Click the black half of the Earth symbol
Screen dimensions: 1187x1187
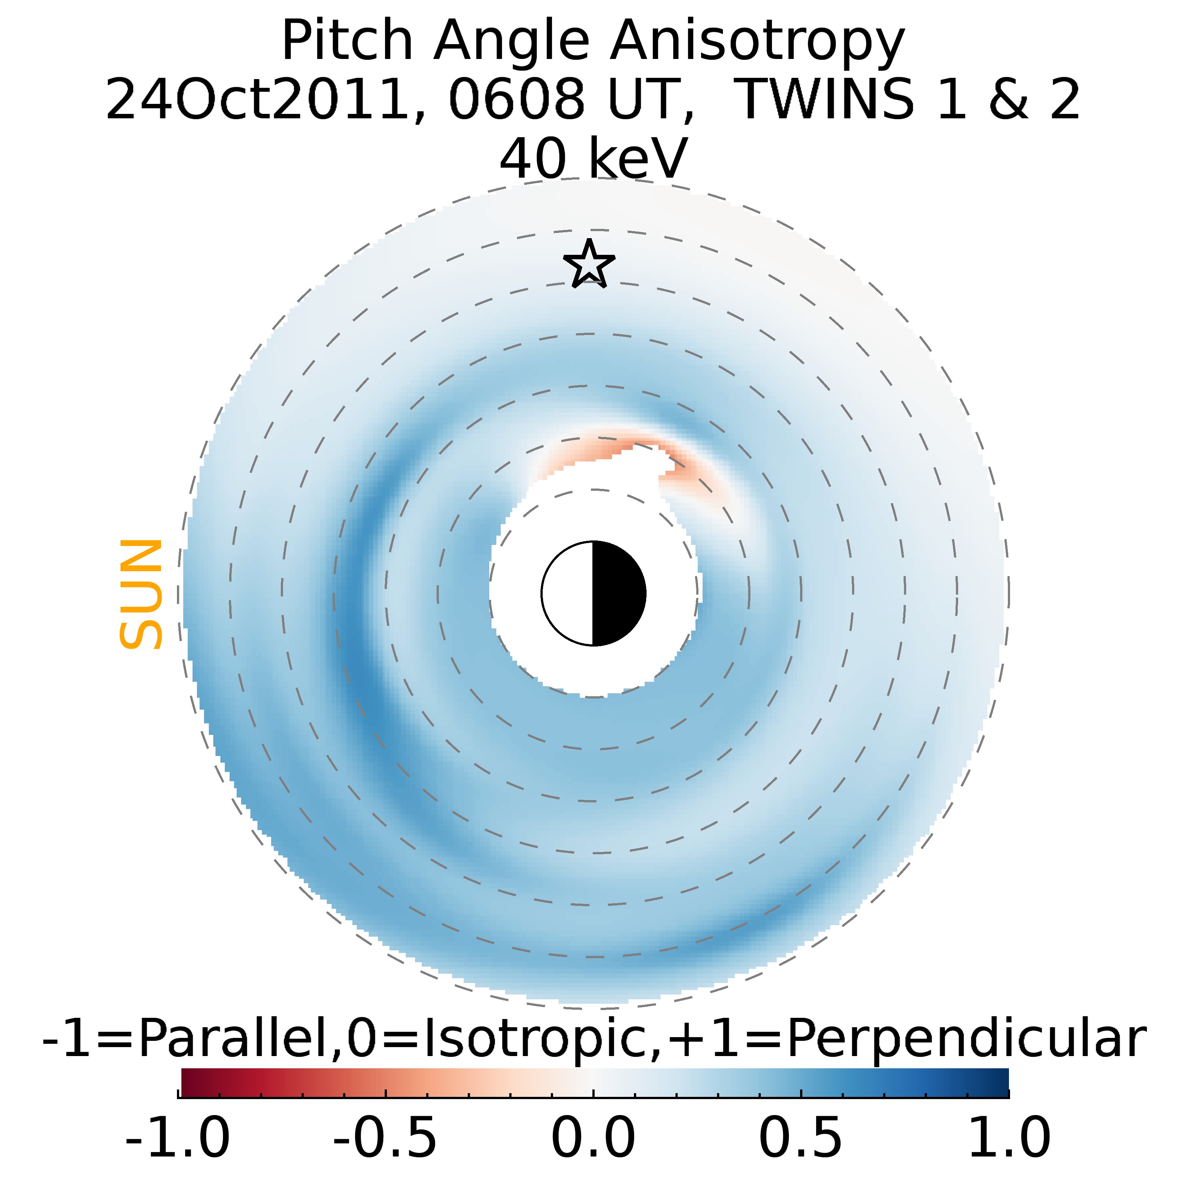(x=618, y=593)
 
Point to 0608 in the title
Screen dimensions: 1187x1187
(x=516, y=99)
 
